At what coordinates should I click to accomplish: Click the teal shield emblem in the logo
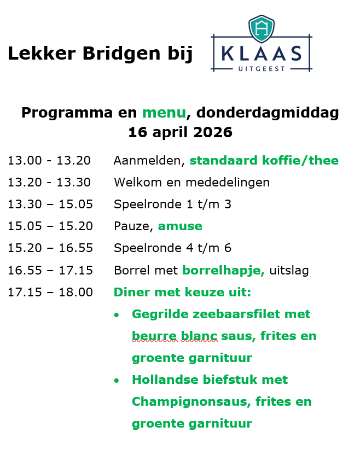pos(261,28)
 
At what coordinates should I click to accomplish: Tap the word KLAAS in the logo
pos(262,54)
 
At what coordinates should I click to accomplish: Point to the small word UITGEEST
pos(262,69)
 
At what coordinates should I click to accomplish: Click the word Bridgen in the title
pos(121,54)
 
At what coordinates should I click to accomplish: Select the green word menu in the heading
pos(164,113)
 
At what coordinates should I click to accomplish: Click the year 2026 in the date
pos(213,132)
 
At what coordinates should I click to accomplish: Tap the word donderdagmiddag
pos(268,113)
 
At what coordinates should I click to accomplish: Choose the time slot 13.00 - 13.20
pos(49,160)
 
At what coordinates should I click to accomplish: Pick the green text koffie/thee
pos(300,160)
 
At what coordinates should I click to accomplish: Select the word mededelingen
pos(228,183)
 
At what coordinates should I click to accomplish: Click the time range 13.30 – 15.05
pos(50,204)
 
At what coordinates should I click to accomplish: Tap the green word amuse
pos(180,226)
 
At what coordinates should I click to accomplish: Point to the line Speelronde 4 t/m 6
pos(172,248)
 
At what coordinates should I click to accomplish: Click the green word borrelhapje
pos(223,271)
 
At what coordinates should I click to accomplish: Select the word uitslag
pos(289,271)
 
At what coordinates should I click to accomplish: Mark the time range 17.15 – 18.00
pos(50,293)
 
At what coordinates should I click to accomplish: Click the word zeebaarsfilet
pos(236,314)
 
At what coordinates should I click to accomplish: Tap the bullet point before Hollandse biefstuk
pos(117,381)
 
